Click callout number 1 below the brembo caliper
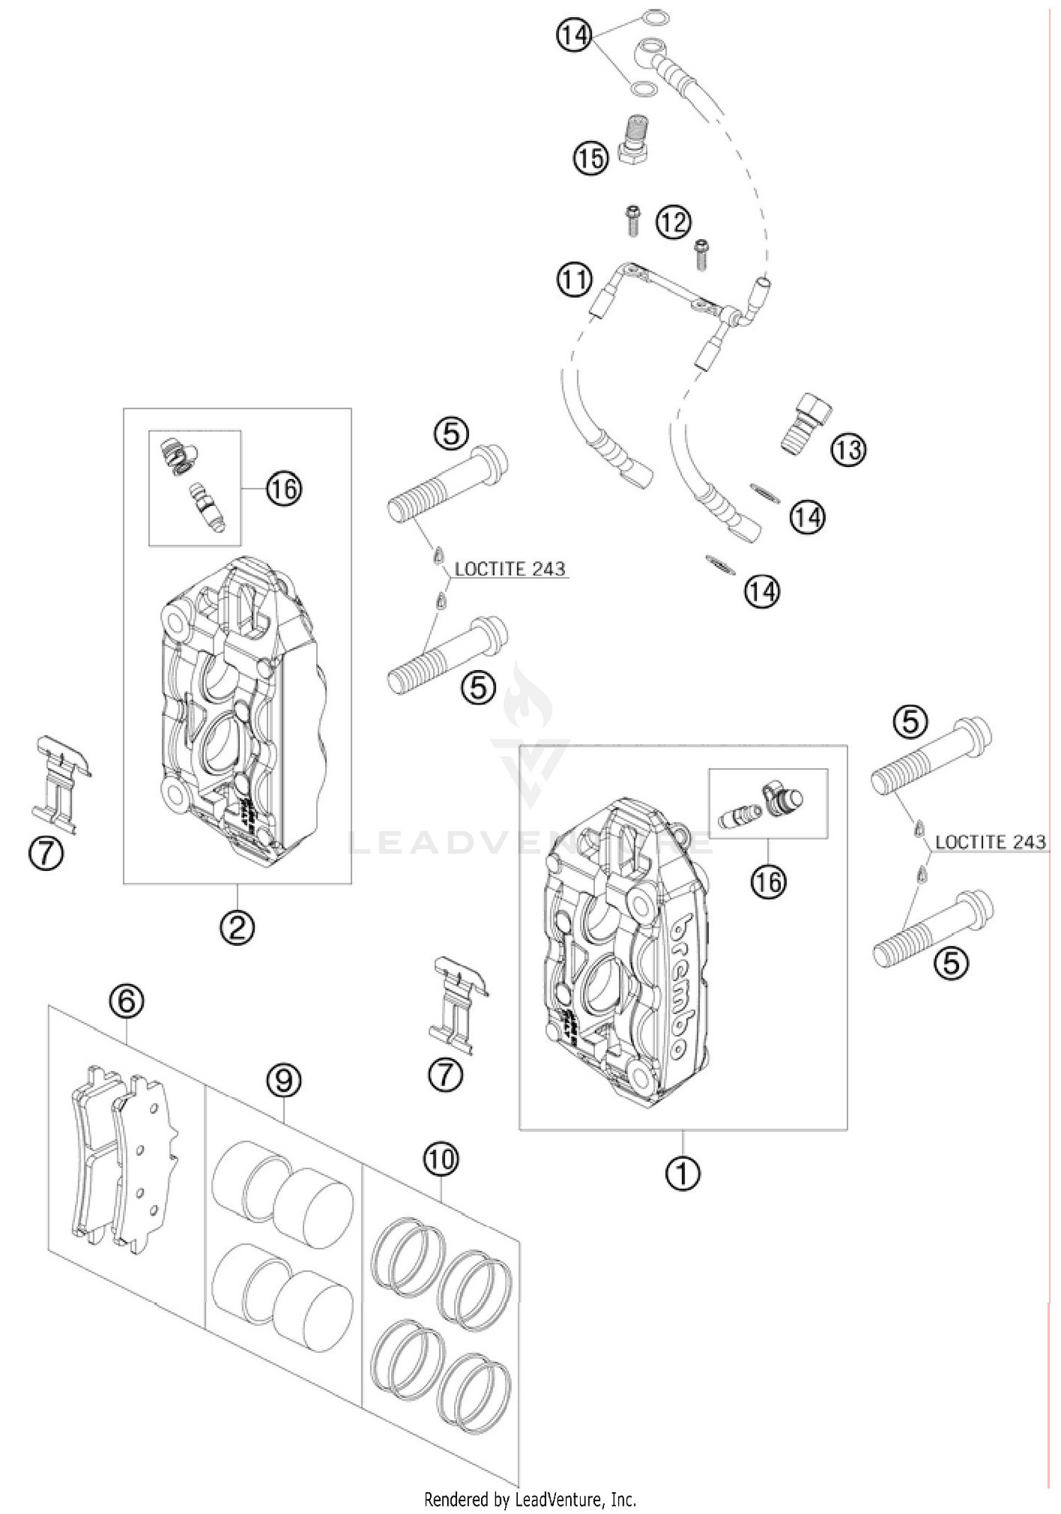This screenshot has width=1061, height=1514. coord(683,1174)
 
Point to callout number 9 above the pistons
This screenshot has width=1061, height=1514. coord(284,1080)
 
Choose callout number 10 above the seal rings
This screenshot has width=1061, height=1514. coord(441,1160)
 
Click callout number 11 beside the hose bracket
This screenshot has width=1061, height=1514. coord(574,279)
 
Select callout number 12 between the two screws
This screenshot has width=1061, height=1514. coord(673,223)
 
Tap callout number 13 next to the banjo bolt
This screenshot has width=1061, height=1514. coord(848,449)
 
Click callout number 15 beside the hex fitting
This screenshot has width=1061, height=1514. coord(591,158)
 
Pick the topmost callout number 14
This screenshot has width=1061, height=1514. coord(574,35)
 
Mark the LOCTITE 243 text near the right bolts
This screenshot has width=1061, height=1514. coord(990,842)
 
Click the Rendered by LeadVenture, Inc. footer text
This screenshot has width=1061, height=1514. coord(530,1499)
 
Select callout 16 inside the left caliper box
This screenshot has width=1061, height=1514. coord(284,489)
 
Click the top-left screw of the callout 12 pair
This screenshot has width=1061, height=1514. coord(633,220)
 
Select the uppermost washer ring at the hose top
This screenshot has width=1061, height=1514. coord(655,19)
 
